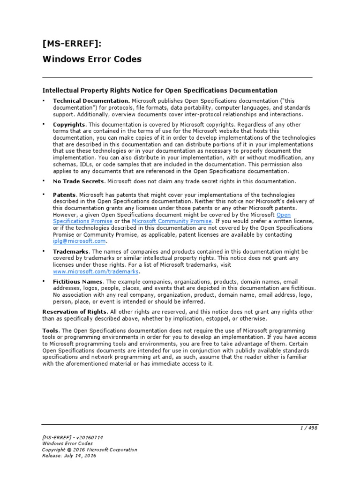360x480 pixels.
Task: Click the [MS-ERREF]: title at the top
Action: [72, 44]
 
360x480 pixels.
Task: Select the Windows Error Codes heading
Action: [92, 59]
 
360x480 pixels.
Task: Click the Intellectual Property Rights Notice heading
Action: [160, 90]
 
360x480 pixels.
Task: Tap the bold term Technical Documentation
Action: [91, 101]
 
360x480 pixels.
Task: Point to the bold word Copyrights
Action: [69, 125]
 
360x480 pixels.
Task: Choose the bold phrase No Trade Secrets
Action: [78, 181]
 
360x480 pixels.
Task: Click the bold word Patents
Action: [64, 195]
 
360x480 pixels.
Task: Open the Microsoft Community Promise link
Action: [172, 221]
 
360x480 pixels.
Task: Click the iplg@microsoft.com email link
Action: [79, 241]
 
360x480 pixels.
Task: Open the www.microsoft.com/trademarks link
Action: [96, 271]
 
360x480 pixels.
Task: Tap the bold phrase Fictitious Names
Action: [77, 281]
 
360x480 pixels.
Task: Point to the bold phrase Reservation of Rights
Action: [75, 312]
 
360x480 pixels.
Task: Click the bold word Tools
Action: [51, 330]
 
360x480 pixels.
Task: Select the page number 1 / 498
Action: [308, 428]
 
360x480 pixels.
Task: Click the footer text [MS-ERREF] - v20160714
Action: [72, 437]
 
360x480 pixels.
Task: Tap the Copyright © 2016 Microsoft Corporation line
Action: [90, 450]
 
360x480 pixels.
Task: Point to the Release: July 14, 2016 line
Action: [69, 456]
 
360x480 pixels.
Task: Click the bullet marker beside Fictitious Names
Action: [44, 281]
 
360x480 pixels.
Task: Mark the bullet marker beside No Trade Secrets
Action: [44, 180]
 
